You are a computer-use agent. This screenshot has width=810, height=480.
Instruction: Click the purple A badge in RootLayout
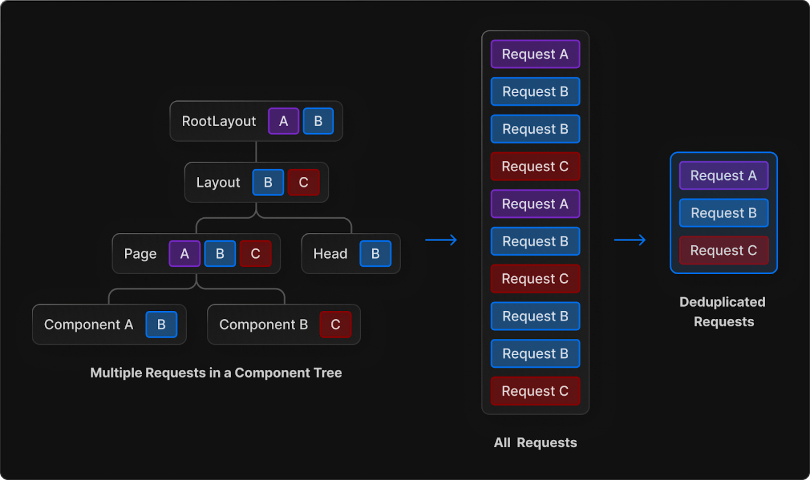[283, 121]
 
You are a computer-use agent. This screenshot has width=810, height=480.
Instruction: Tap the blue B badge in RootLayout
[318, 121]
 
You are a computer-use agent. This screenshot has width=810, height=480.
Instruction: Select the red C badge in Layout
[303, 182]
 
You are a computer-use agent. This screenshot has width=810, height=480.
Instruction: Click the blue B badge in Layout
[268, 182]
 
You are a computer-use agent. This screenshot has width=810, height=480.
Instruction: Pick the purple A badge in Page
[184, 253]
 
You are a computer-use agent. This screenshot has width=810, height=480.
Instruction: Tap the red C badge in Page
[255, 253]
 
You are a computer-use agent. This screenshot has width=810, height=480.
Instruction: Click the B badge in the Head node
[375, 253]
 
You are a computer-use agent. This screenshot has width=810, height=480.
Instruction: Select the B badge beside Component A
[161, 324]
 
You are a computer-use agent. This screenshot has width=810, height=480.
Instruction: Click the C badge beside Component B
[335, 324]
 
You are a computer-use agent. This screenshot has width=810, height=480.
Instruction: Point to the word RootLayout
[219, 121]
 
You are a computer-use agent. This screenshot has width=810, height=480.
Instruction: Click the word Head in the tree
[330, 254]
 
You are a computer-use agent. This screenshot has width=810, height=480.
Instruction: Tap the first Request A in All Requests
[535, 54]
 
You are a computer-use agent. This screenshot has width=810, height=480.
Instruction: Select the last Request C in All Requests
[535, 391]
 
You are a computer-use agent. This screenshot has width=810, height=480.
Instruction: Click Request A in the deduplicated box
[724, 175]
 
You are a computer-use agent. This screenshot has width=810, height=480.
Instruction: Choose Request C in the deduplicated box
[724, 251]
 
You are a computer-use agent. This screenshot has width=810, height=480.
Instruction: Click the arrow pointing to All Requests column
[441, 240]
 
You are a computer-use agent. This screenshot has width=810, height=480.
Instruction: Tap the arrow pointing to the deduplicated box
[629, 240]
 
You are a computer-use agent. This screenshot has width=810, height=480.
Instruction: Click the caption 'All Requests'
[535, 442]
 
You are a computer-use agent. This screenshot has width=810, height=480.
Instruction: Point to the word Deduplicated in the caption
[722, 302]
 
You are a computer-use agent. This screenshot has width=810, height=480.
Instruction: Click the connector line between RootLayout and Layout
[256, 152]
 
